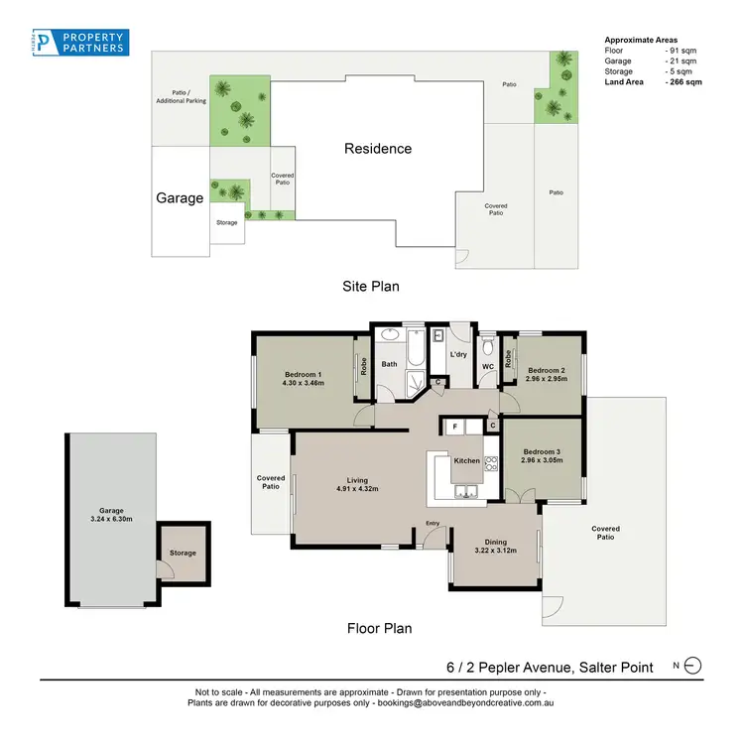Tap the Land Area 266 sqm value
pyautogui.click(x=683, y=82)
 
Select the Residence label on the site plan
pyautogui.click(x=378, y=149)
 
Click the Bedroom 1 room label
pyautogui.click(x=304, y=377)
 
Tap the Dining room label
pyautogui.click(x=496, y=543)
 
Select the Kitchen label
pyautogui.click(x=466, y=460)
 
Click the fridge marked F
pyautogui.click(x=454, y=426)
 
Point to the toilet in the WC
pyautogui.click(x=487, y=348)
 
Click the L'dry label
pyautogui.click(x=458, y=354)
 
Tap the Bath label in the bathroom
pyautogui.click(x=389, y=364)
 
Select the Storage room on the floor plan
pyautogui.click(x=183, y=553)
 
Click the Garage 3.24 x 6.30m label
pyautogui.click(x=111, y=516)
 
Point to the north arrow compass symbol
pyautogui.click(x=692, y=667)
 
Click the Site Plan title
pyautogui.click(x=371, y=287)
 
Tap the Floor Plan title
pyautogui.click(x=379, y=628)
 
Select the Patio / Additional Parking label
pyautogui.click(x=179, y=98)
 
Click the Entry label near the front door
pyautogui.click(x=433, y=524)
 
